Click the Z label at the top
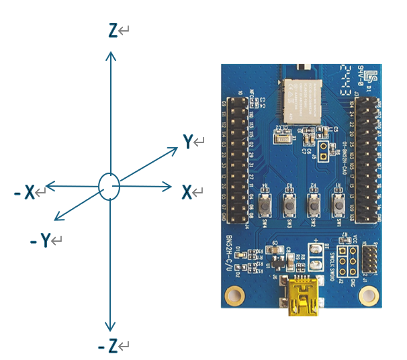pyautogui.click(x=113, y=30)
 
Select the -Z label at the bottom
pyautogui.click(x=107, y=346)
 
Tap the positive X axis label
pyautogui.click(x=187, y=193)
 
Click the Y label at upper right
pyautogui.click(x=189, y=141)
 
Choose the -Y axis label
pyautogui.click(x=41, y=240)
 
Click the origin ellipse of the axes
pyautogui.click(x=109, y=186)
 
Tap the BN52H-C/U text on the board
pyautogui.click(x=230, y=255)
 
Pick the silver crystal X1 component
pyautogui.click(x=281, y=139)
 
